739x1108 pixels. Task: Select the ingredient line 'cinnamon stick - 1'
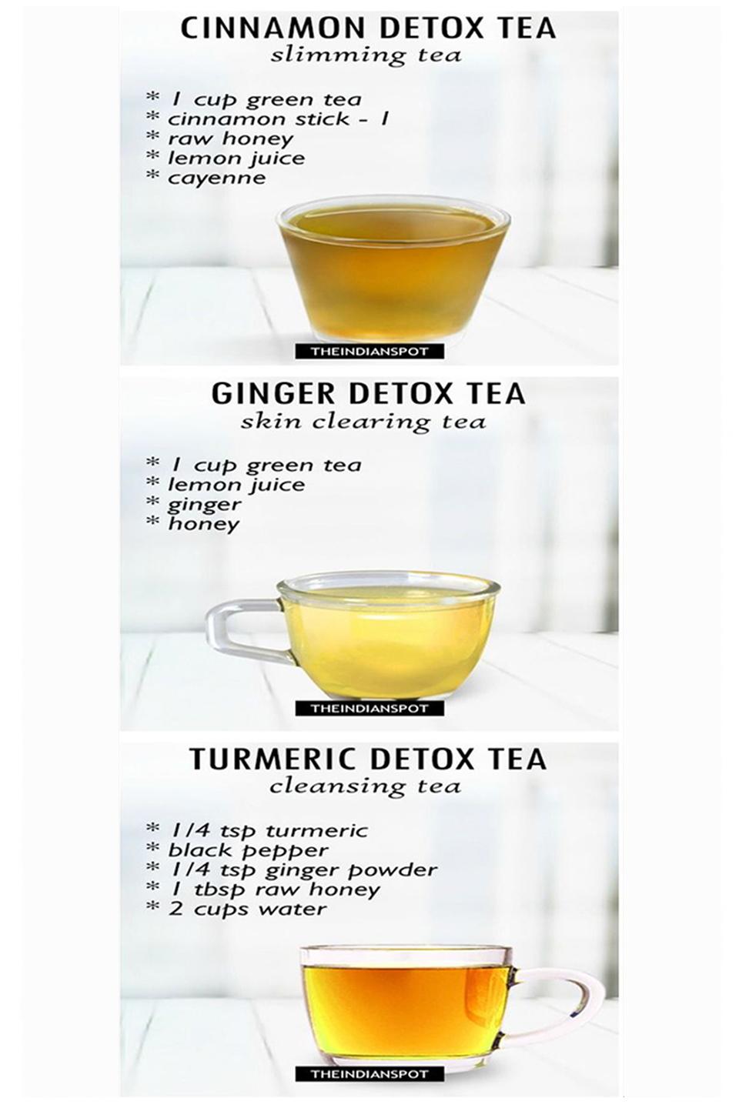[278, 119]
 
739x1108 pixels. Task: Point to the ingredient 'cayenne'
[217, 178]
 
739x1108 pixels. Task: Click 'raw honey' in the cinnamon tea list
[231, 139]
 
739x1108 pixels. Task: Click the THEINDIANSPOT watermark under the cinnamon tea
[369, 352]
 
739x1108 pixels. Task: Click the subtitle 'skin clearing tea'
[363, 422]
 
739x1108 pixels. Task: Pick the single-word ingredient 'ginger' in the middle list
[205, 505]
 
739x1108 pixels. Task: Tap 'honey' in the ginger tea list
[204, 524]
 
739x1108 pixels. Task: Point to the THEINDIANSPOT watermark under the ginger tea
[369, 709]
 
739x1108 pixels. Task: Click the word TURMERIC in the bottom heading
[278, 759]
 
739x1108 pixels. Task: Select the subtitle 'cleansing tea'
[365, 786]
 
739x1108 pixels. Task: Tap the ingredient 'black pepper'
[249, 850]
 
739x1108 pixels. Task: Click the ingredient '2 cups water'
[248, 909]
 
